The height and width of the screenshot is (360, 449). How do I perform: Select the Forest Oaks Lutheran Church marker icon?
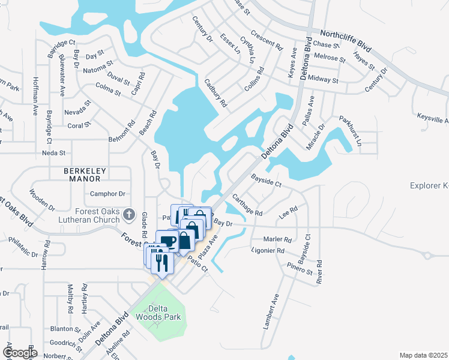[128, 214]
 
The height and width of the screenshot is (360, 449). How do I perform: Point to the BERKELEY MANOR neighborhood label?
[85, 171]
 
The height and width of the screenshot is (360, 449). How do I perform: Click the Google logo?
[20, 353]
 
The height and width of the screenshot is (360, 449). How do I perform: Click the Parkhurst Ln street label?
[351, 130]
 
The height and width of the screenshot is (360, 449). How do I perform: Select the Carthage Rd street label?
[247, 205]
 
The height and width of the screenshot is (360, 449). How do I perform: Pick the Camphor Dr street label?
[107, 194]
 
